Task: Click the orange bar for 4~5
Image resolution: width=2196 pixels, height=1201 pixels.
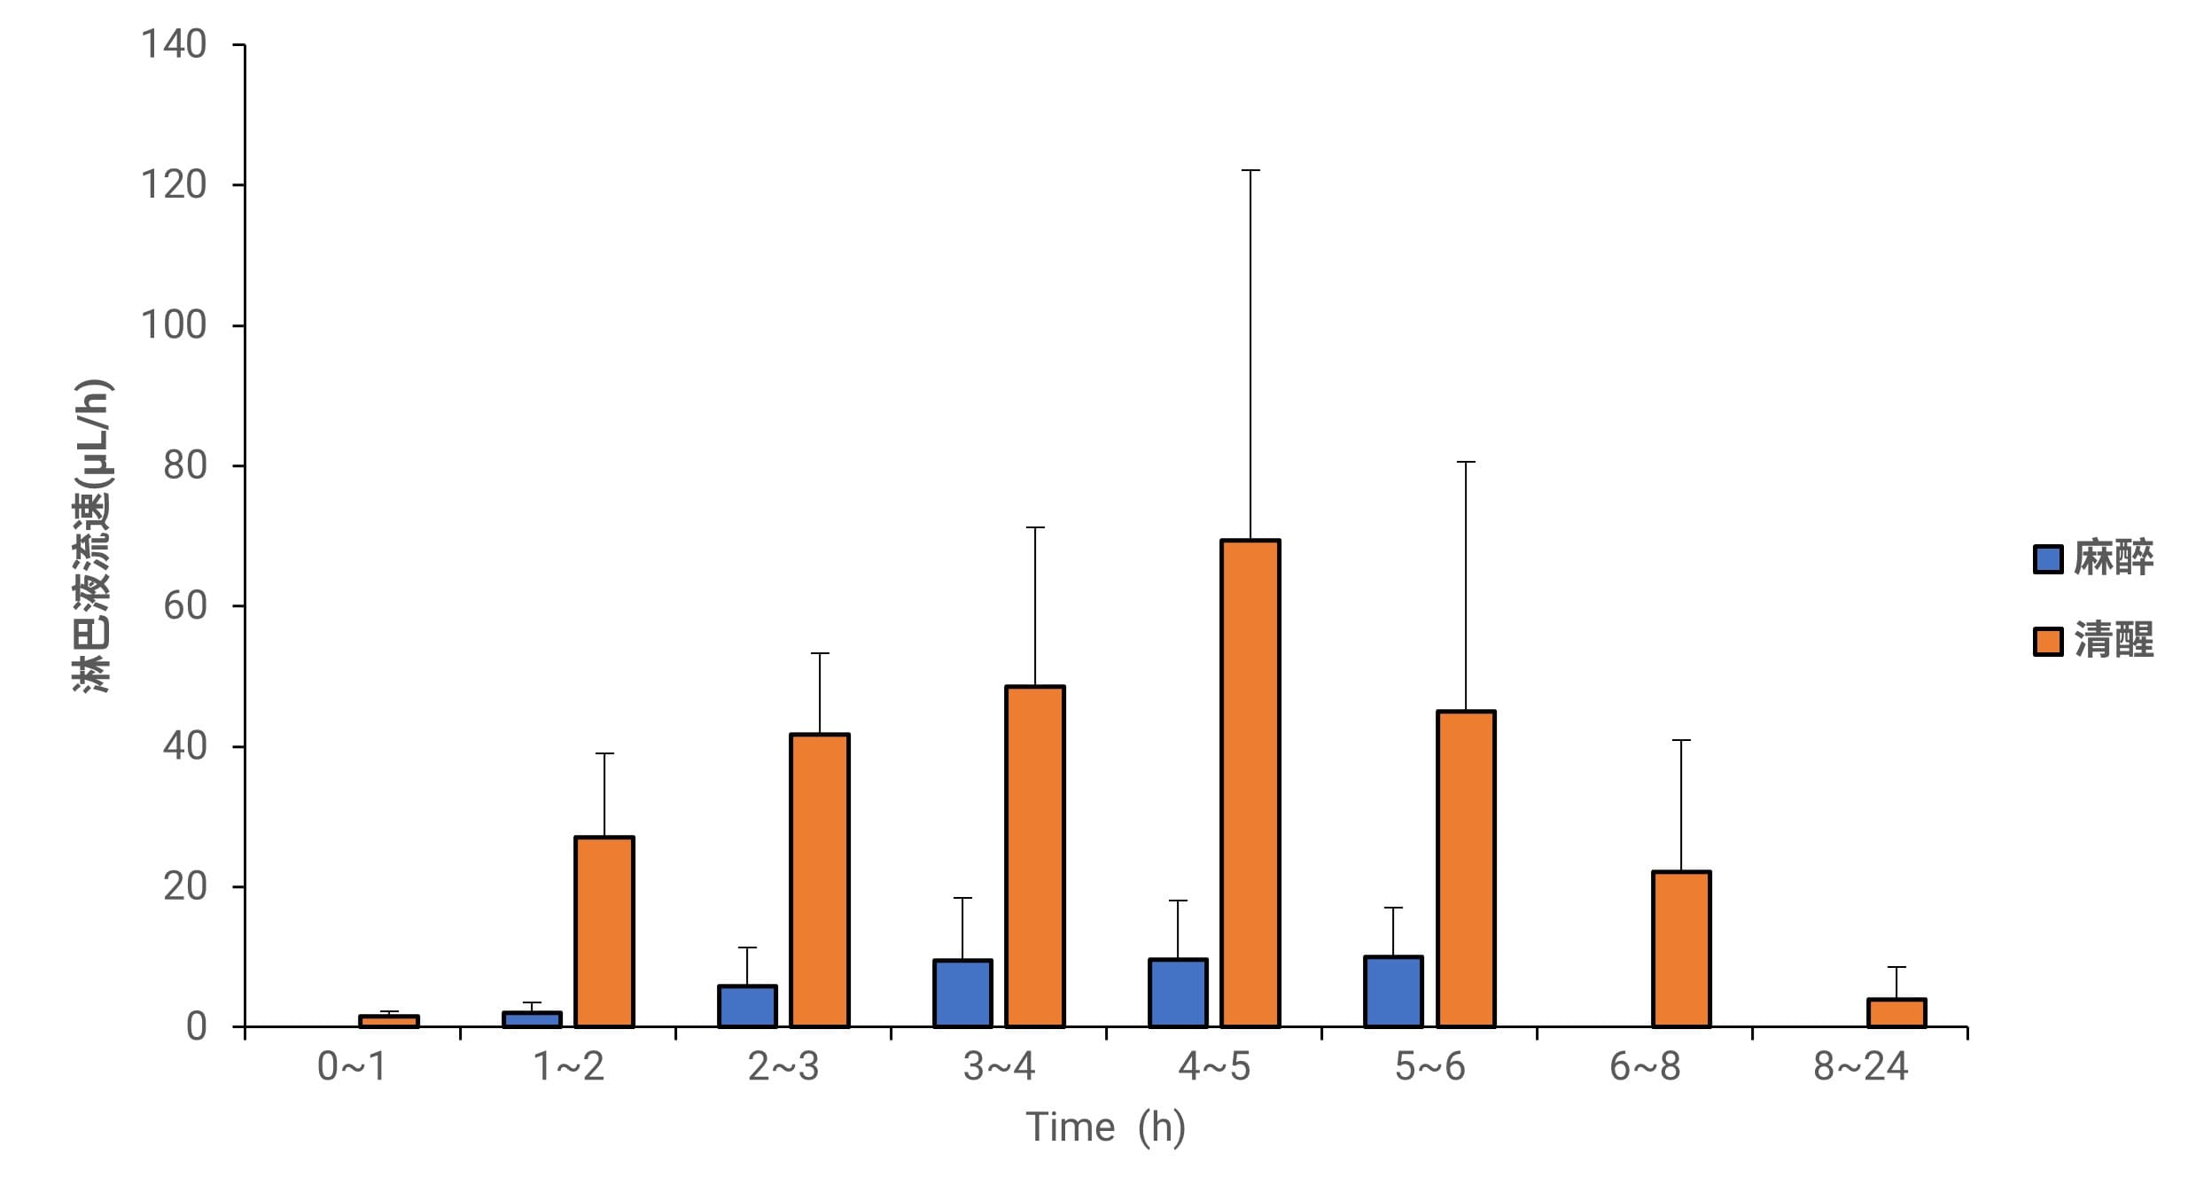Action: coord(1250,784)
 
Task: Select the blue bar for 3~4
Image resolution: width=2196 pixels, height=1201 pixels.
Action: coord(962,994)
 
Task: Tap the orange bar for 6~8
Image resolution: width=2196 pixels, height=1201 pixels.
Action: coord(1681,949)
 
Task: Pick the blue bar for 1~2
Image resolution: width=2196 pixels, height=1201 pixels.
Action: coord(532,1019)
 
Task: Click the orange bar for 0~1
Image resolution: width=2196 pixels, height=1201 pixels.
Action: coord(389,1021)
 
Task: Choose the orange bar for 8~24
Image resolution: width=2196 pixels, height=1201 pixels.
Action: coord(1896,1013)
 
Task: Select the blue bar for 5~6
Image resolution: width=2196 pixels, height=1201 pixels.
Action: coord(1393,992)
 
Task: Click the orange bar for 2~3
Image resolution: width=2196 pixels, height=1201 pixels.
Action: coord(820,880)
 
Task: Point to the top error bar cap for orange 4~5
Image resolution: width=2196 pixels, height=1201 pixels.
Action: coord(1250,170)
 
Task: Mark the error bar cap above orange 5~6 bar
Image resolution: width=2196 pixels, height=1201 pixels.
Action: coord(1466,462)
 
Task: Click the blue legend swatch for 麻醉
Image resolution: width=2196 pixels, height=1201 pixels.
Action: coord(2047,558)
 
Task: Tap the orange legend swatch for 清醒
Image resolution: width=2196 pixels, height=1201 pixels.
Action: coord(2047,641)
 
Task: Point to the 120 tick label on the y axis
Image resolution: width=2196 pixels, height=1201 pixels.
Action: coord(174,184)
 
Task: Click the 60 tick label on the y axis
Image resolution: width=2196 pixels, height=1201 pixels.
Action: coord(184,606)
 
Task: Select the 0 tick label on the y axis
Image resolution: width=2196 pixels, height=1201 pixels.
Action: coord(196,1026)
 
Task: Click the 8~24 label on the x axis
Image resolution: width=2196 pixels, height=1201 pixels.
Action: coord(1860,1066)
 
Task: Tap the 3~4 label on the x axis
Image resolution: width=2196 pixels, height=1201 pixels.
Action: coord(999,1066)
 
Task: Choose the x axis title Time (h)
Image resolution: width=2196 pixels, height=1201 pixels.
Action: coord(1105,1127)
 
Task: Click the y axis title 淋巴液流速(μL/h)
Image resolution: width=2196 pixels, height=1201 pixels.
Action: coord(91,536)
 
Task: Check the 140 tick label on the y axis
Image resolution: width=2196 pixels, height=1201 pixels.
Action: coord(174,44)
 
